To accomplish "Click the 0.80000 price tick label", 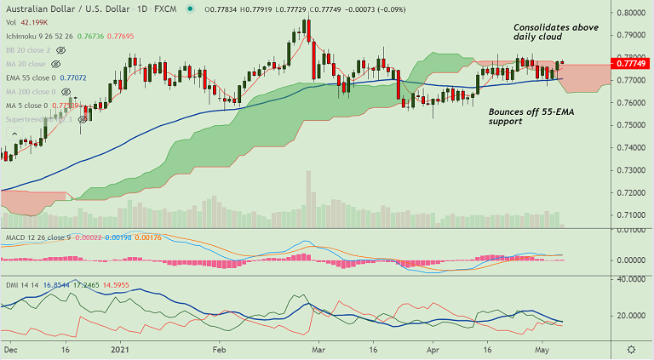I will point(631,14).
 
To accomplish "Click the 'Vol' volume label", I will point(10,22).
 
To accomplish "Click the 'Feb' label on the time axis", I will point(218,349).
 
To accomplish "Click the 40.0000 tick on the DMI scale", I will point(631,279).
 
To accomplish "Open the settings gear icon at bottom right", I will point(630,350).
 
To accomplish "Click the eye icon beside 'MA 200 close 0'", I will point(62,91).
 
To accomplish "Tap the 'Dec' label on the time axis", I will point(11,349).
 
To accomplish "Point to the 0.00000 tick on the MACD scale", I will point(631,260).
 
